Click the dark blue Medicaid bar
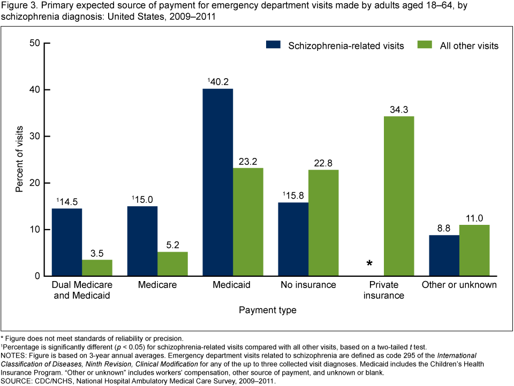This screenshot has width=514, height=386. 217,182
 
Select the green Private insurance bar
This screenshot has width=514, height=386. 398,196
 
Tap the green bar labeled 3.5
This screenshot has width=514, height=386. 97,268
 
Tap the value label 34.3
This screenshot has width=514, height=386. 398,109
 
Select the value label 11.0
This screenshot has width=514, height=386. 474,218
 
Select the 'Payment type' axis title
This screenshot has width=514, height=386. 267,310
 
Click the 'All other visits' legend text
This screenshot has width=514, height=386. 469,46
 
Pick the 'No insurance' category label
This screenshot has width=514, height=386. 308,285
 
